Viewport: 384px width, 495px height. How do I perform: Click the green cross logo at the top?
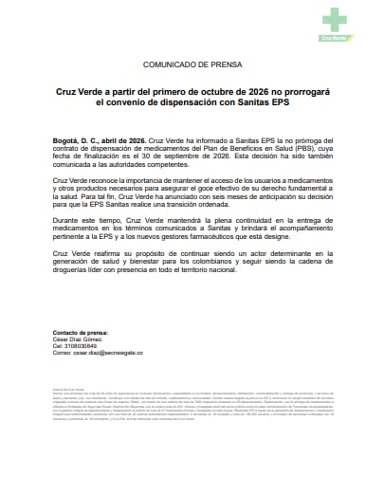334,18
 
